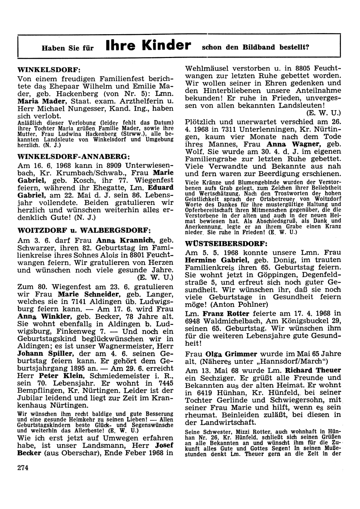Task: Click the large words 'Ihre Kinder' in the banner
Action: pos(148,45)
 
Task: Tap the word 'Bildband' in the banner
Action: pos(262,47)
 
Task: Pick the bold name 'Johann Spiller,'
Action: pos(45,353)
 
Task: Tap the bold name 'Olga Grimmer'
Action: pos(231,354)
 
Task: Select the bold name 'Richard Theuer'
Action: pos(313,370)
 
